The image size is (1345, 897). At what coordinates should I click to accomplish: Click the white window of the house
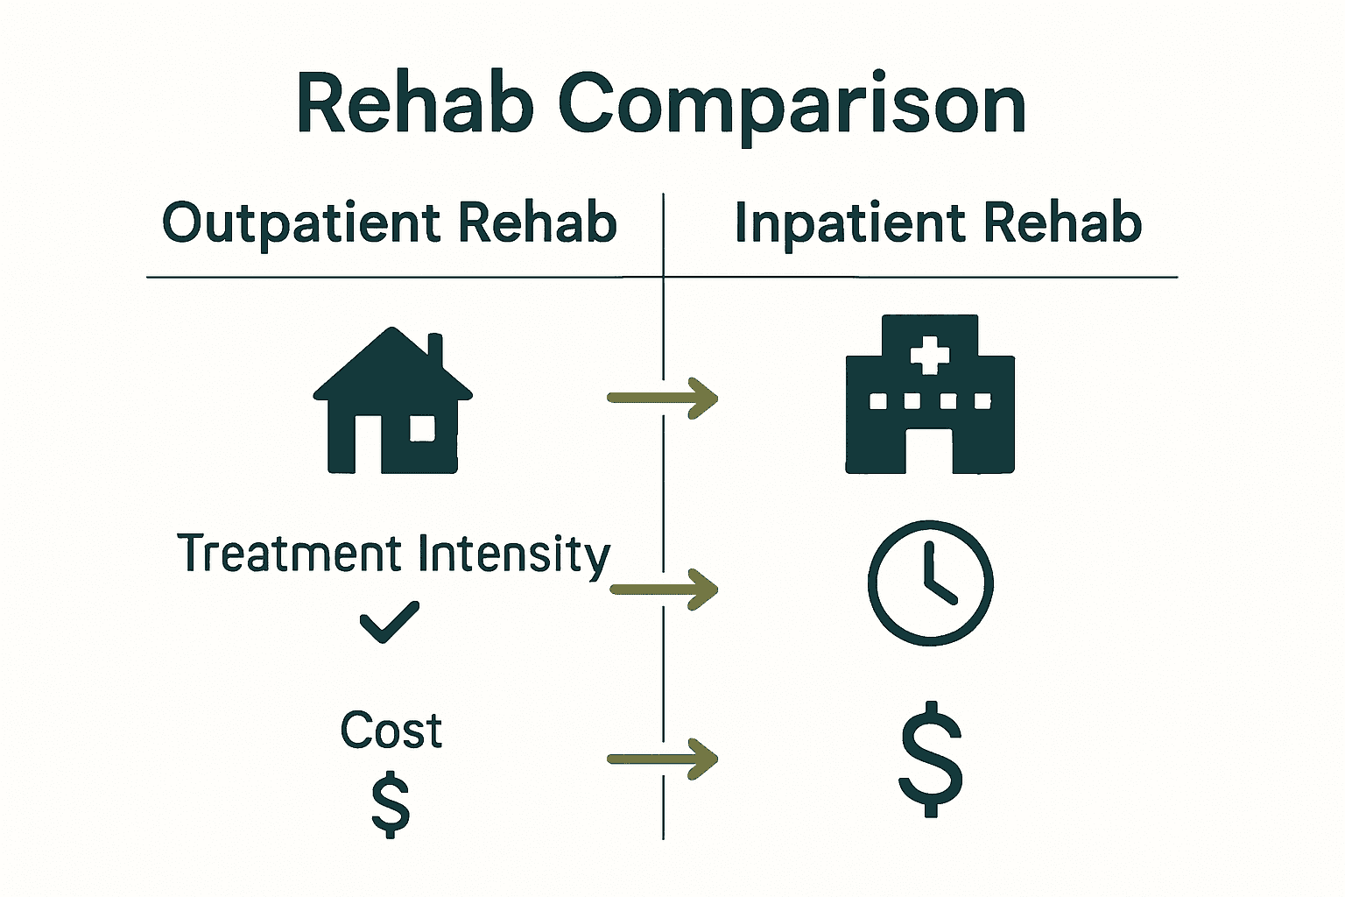coord(422,428)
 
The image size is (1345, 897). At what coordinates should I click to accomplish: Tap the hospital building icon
coord(930,394)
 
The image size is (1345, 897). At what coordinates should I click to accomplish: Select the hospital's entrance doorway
coord(930,450)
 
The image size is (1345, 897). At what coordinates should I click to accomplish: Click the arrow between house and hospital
coord(663,398)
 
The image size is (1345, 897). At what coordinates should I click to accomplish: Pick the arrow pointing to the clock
coord(663,589)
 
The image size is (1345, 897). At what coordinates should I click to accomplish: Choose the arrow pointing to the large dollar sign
coord(663,759)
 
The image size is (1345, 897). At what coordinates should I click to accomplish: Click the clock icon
coord(930,583)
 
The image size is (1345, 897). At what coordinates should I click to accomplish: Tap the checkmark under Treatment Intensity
coord(390,622)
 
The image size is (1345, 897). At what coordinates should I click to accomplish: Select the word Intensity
coord(513,556)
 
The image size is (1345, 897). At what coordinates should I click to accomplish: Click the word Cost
coord(391,731)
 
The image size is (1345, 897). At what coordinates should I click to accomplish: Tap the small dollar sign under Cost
coord(391,803)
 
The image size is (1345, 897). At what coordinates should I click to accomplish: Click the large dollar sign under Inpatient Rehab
coord(931,759)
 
